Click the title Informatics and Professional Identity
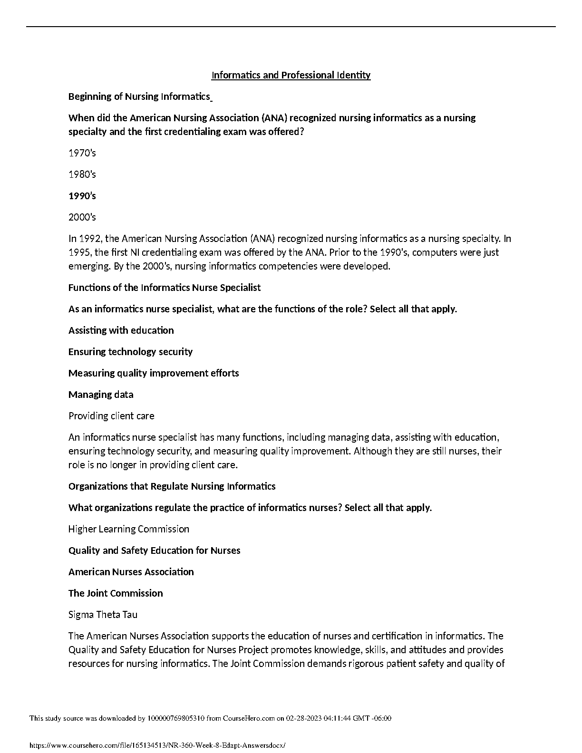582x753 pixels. [x=291, y=75]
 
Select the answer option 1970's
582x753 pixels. [x=82, y=153]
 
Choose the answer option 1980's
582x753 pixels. [x=82, y=174]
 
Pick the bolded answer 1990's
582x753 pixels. [x=82, y=196]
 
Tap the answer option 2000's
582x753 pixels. [x=82, y=217]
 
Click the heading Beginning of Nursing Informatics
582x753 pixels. [x=139, y=97]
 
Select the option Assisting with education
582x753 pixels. [x=121, y=330]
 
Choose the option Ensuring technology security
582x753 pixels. [x=130, y=352]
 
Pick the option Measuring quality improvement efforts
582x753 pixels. [x=154, y=373]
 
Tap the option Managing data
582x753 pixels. [x=101, y=395]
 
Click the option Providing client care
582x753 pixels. [x=111, y=416]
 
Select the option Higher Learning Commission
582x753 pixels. [x=129, y=529]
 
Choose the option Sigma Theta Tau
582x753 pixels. [x=103, y=615]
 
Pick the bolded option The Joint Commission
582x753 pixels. [x=116, y=593]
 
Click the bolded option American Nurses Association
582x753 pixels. [x=131, y=572]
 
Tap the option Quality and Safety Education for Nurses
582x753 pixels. [x=155, y=550]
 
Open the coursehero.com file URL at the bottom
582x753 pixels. [x=157, y=746]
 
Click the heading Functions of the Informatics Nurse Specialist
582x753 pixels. [x=165, y=288]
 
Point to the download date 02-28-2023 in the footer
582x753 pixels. [x=302, y=718]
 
